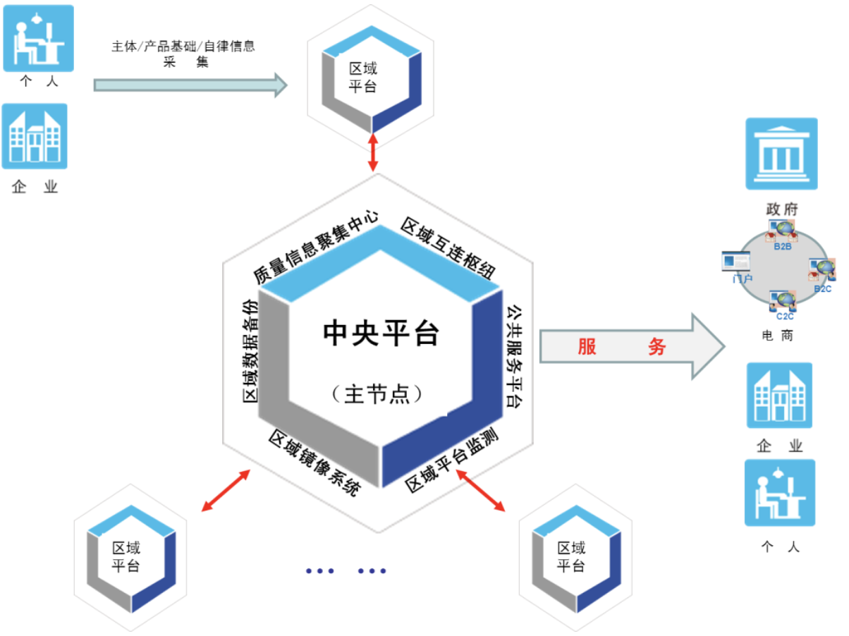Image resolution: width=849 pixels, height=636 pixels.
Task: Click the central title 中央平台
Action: tap(381, 334)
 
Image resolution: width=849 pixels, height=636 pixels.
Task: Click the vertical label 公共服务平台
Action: tap(515, 356)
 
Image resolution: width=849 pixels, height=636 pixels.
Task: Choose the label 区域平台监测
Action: tap(453, 463)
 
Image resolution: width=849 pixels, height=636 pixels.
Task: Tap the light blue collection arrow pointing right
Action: tap(190, 85)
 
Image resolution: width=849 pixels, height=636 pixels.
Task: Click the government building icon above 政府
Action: tap(781, 154)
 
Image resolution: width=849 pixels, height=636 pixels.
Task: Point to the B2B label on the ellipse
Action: tap(782, 247)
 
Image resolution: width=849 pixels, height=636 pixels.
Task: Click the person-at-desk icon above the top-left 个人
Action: tap(38, 38)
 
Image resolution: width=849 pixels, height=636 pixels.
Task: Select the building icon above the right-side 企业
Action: tap(779, 396)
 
